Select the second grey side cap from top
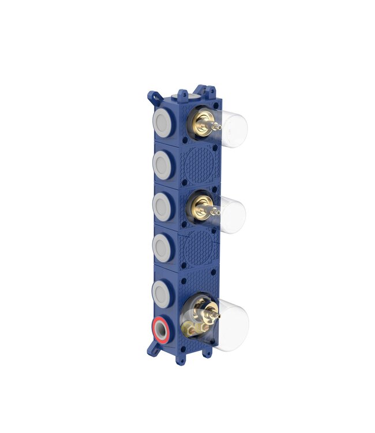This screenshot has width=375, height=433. pyautogui.click(x=162, y=163)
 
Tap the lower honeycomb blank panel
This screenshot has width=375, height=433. pyautogui.click(x=200, y=249)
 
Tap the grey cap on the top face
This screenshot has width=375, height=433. pyautogui.click(x=182, y=94)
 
